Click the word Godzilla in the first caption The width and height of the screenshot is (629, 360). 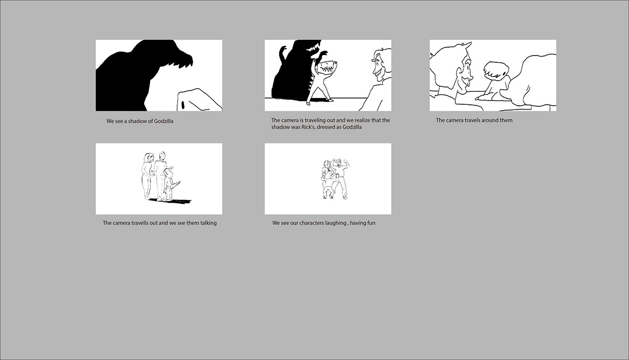[164, 122]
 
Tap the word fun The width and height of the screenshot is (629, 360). [371, 223]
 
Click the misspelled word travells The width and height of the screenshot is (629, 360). [141, 223]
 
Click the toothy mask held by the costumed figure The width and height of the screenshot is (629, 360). [326, 68]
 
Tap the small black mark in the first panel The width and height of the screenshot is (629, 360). [183, 105]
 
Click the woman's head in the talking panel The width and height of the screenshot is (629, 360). [148, 158]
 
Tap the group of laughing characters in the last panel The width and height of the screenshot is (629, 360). [335, 179]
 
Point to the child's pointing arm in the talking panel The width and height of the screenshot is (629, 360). [175, 185]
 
